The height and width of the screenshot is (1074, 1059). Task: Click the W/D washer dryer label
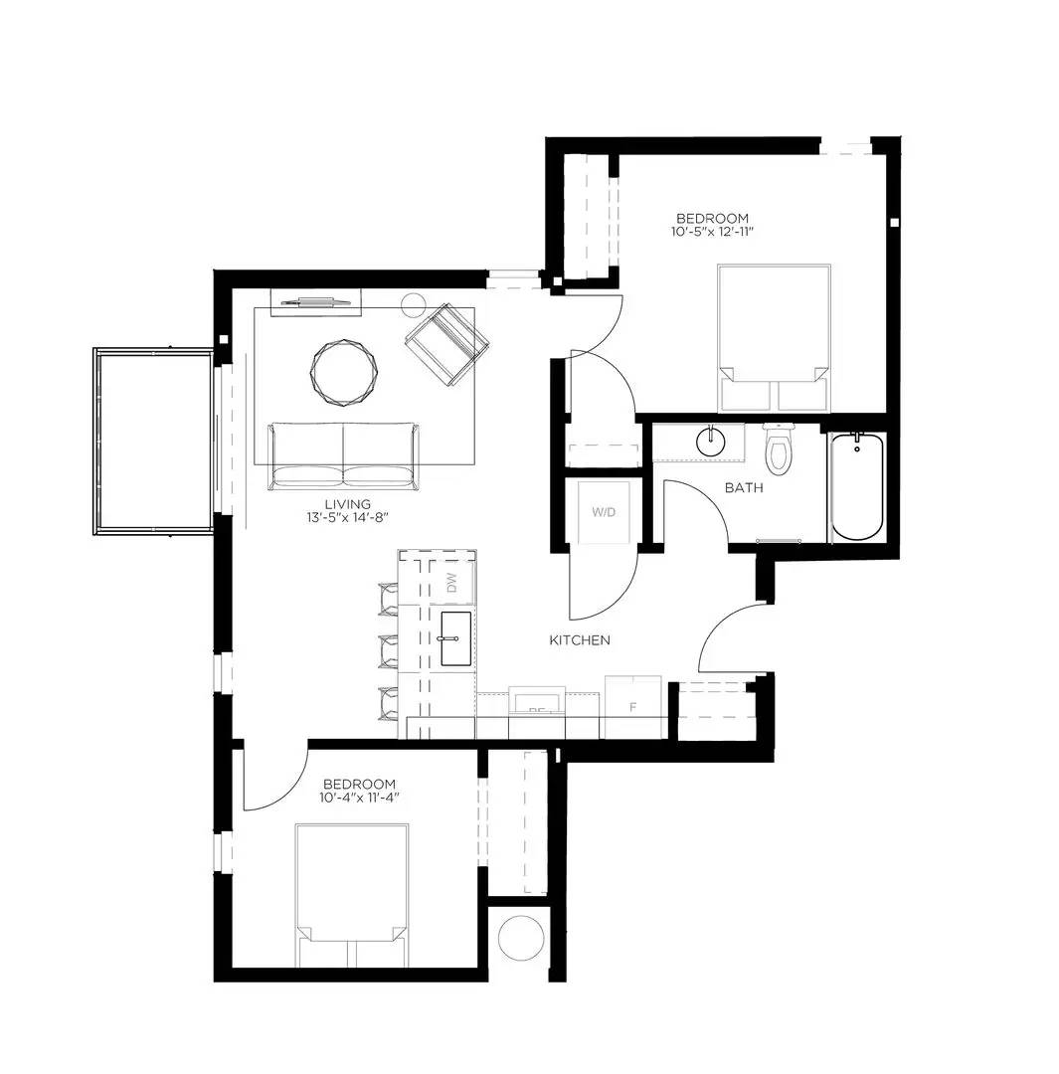click(x=604, y=513)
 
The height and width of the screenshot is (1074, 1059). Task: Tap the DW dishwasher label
click(x=451, y=583)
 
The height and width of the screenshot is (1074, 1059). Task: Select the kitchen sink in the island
click(x=455, y=638)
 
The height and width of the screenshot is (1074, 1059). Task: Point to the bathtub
click(x=856, y=487)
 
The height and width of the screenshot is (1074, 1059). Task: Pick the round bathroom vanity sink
click(x=711, y=441)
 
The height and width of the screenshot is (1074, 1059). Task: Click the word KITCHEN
click(x=580, y=640)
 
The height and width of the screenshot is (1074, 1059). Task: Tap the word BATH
click(x=744, y=488)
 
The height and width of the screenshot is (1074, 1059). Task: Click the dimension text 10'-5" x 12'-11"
click(x=712, y=233)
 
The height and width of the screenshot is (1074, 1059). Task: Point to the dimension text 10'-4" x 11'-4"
click(x=358, y=798)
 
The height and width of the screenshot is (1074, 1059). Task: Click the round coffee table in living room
click(x=345, y=372)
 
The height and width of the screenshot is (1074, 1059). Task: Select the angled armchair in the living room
click(x=446, y=344)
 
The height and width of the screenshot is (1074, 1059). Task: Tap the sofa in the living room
click(x=343, y=454)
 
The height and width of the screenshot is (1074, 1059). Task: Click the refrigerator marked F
click(x=633, y=707)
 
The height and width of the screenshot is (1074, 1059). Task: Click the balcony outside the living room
click(x=154, y=441)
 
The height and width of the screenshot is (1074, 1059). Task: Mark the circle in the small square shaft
click(x=518, y=938)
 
